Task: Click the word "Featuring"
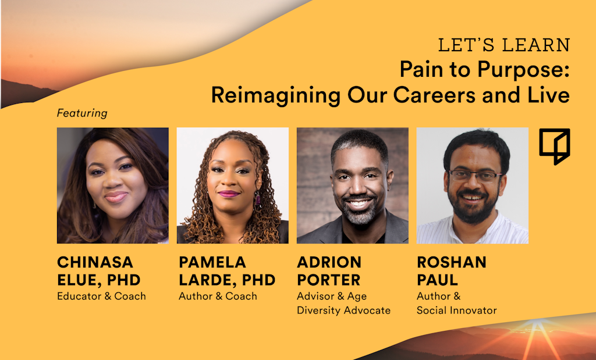[x=82, y=113]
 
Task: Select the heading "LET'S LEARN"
[x=504, y=45]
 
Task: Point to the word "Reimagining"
[x=275, y=95]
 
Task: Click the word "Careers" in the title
[x=434, y=95]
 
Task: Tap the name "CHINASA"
[x=95, y=262]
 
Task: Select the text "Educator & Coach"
[x=101, y=296]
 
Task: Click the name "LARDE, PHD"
[x=227, y=280]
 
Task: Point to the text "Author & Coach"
[x=218, y=296]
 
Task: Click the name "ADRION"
[x=329, y=262]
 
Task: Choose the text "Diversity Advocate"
[x=343, y=310]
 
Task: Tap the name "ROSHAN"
[x=452, y=262]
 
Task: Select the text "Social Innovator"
[x=456, y=310]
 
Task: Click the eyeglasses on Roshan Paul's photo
[x=475, y=176]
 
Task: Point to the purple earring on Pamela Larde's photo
[x=257, y=198]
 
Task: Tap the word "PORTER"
[x=328, y=280]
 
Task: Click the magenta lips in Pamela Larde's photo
[x=228, y=194]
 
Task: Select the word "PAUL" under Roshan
[x=437, y=280]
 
